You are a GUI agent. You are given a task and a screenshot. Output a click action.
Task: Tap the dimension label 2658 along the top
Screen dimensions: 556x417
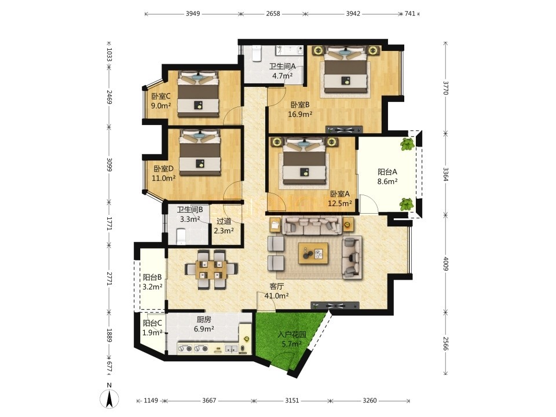click(x=273, y=14)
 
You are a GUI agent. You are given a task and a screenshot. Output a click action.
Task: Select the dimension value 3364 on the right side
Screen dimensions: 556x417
click(x=446, y=174)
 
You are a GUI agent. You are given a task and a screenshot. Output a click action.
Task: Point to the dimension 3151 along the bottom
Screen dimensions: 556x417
click(x=292, y=400)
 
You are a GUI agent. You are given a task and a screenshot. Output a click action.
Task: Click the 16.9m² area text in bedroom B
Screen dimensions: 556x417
click(x=300, y=114)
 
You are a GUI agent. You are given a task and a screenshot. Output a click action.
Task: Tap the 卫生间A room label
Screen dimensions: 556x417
click(x=282, y=66)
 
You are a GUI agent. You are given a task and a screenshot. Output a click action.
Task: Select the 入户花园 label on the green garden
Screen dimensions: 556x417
click(x=291, y=334)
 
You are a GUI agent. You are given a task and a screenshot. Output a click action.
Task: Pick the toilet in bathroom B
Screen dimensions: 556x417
click(x=181, y=236)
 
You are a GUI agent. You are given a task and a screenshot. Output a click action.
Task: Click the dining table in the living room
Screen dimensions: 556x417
click(x=211, y=270)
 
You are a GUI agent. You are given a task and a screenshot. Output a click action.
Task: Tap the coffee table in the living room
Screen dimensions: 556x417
click(x=313, y=253)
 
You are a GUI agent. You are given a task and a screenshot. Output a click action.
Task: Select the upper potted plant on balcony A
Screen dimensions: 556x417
click(x=407, y=144)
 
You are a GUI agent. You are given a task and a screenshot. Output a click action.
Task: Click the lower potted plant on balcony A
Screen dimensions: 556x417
click(x=407, y=204)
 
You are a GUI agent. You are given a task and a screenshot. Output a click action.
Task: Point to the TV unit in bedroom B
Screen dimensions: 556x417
click(x=344, y=130)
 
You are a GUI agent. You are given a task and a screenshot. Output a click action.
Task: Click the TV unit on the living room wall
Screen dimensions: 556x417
click(x=335, y=305)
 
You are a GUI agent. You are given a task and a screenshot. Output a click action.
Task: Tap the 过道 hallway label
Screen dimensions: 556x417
click(x=224, y=221)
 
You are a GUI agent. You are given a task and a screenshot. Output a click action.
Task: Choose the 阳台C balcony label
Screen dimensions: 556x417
click(x=152, y=323)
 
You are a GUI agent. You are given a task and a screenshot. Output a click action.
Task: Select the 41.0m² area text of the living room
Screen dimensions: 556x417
click(x=276, y=295)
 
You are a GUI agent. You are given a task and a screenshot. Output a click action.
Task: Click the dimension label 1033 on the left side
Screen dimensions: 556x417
click(x=109, y=55)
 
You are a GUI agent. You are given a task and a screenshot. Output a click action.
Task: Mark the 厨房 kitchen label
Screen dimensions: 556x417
click(x=203, y=320)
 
